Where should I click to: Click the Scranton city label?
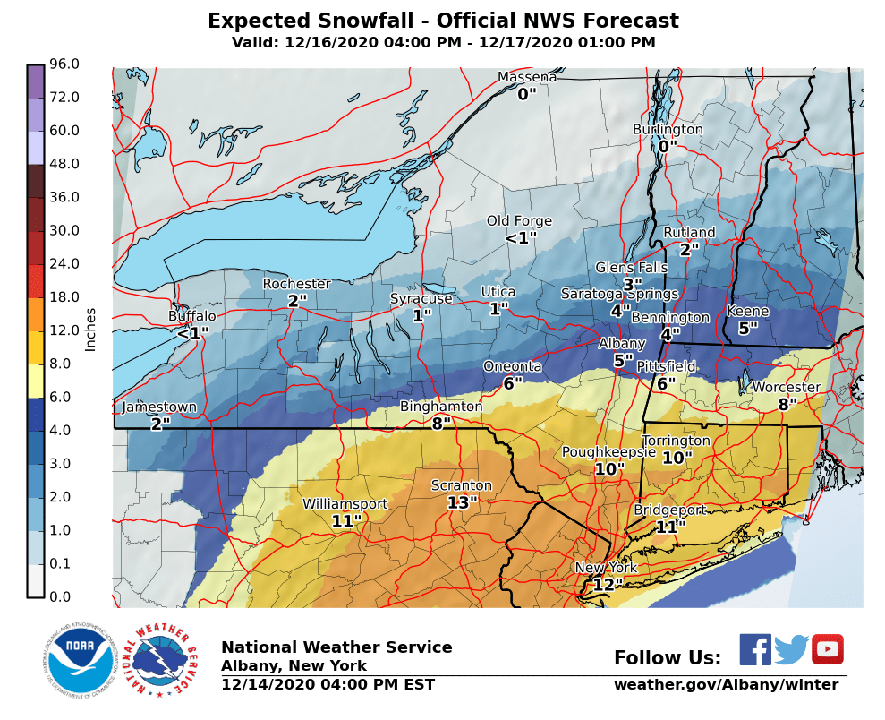[x=462, y=485]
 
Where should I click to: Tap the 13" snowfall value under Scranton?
[x=463, y=503]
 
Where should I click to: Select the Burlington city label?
[x=668, y=129]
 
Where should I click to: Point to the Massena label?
[x=527, y=77]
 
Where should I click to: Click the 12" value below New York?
[x=607, y=585]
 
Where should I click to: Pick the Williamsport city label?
[x=345, y=504]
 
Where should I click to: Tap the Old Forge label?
[x=519, y=221]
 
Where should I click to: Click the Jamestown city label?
[x=159, y=407]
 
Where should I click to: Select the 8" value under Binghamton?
[x=441, y=424]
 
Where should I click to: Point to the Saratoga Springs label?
[x=619, y=294]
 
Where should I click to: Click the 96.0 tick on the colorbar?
[x=64, y=64]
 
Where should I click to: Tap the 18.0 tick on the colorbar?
[x=64, y=296]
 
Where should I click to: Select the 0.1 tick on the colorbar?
[x=64, y=563]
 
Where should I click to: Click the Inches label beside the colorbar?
[x=90, y=330]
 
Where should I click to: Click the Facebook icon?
[x=754, y=649]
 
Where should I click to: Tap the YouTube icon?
[x=827, y=649]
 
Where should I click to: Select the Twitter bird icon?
[x=791, y=649]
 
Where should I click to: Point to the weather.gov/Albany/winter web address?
[x=726, y=685]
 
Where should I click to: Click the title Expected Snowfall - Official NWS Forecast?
[x=443, y=21]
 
